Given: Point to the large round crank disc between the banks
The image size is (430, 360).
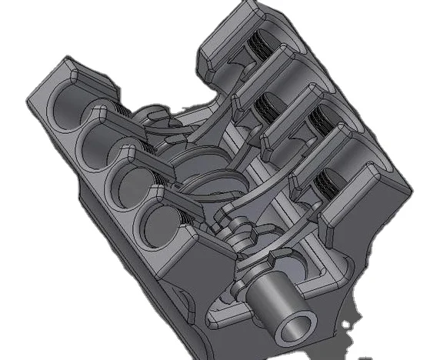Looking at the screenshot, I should coord(188,165).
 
